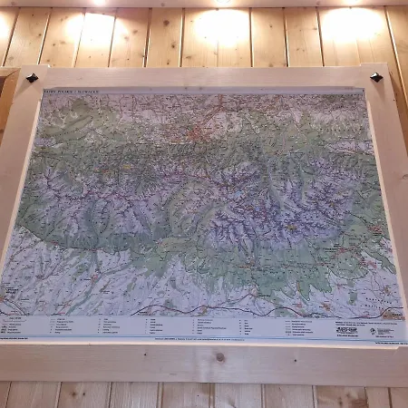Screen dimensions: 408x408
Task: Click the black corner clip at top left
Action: tap(32, 78)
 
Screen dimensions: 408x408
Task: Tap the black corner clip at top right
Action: tap(375, 77)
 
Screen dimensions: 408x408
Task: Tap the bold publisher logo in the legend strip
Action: tap(346, 329)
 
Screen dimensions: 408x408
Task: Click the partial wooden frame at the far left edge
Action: tap(6, 100)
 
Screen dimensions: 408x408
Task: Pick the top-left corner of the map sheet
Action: tap(40, 90)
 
